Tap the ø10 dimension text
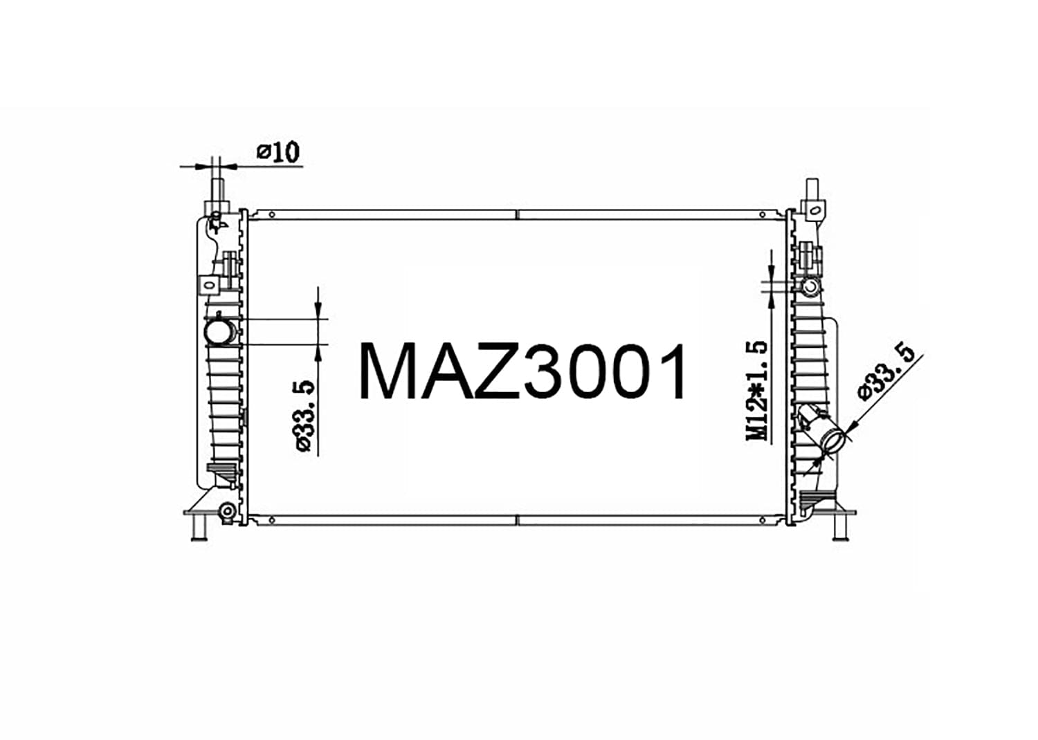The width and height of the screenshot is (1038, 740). click(x=279, y=151)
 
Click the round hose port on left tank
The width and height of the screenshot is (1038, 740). click(x=219, y=331)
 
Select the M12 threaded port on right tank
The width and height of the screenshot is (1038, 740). click(x=809, y=286)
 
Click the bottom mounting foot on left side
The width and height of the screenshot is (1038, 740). click(x=199, y=527)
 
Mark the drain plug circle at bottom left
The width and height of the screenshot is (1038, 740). click(x=226, y=512)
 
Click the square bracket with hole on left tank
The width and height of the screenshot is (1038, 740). click(x=208, y=284)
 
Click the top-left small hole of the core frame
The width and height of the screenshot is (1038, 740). click(x=273, y=214)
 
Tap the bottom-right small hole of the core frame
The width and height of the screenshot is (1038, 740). click(x=763, y=519)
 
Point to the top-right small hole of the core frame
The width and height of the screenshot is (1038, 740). click(x=763, y=214)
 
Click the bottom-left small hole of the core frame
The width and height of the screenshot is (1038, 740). click(x=273, y=519)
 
